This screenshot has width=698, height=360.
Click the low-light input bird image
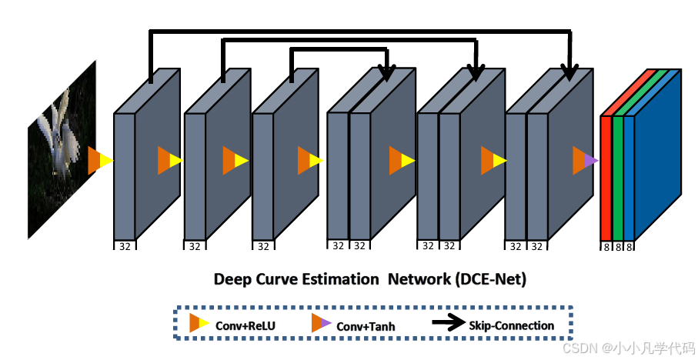pyautogui.click(x=62, y=150)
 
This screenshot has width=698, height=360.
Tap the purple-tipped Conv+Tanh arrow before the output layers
pyautogui.click(x=585, y=161)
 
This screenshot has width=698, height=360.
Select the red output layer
pyautogui.click(x=606, y=177)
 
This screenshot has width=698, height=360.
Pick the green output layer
pyautogui.click(x=617, y=177)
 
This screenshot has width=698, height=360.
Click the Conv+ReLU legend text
pyautogui.click(x=245, y=325)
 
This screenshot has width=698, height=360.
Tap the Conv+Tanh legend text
pyautogui.click(x=366, y=326)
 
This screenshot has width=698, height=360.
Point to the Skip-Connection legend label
pyautogui.click(x=511, y=325)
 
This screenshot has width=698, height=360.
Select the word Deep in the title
pyautogui.click(x=232, y=279)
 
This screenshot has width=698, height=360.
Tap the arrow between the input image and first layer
pyautogui.click(x=100, y=161)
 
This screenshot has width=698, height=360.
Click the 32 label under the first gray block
pyautogui.click(x=124, y=246)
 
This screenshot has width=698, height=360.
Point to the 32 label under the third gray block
pyautogui.click(x=262, y=246)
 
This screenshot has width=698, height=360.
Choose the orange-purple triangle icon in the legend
pyautogui.click(x=321, y=324)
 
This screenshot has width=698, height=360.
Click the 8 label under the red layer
pyautogui.click(x=606, y=246)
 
